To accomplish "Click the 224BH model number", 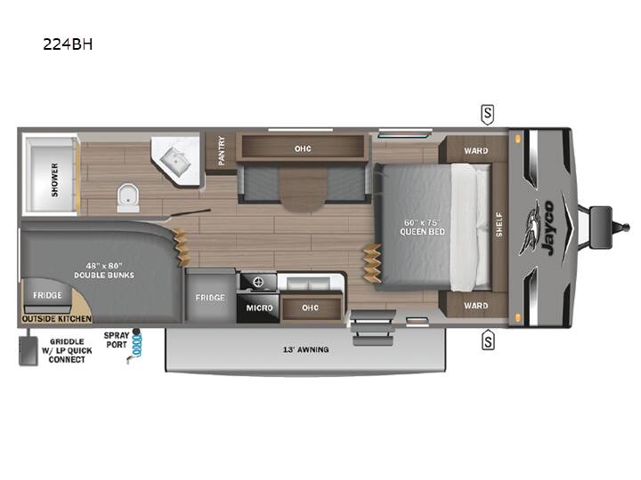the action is (68, 44).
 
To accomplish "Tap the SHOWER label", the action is (55, 180).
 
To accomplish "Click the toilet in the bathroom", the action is (128, 198).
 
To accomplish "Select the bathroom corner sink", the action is (175, 160).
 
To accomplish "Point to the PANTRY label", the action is (222, 150).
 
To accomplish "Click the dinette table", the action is (304, 189).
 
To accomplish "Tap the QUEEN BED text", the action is (422, 232).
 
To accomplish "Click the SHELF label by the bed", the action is (499, 225).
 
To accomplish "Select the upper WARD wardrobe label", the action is (475, 150).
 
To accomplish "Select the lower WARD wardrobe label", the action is (475, 306).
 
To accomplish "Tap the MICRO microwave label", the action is (259, 308).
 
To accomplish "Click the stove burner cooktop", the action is (258, 282).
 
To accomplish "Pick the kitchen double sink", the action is (310, 283).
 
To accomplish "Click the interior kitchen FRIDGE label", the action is (210, 298).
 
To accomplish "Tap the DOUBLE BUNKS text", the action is (104, 275).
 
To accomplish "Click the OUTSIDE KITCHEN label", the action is (57, 319).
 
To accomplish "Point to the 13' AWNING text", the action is (305, 350).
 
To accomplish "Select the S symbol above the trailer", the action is (487, 115).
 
